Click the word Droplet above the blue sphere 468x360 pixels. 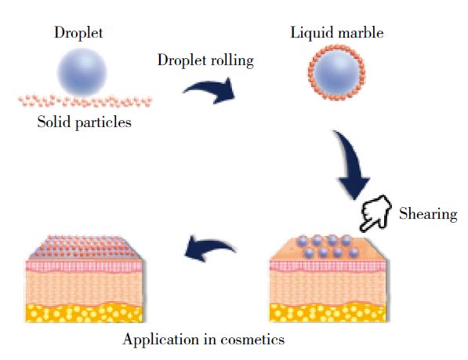(78, 32)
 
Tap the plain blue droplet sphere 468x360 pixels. (82, 72)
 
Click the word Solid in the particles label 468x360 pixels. (54, 122)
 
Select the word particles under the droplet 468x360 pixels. (103, 122)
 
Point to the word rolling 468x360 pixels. (232, 61)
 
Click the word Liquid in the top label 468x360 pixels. (312, 33)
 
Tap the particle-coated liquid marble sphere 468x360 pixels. (337, 72)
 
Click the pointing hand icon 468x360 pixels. (375, 213)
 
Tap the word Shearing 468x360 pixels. (428, 214)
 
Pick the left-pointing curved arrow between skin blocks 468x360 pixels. (209, 246)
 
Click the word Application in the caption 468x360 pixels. (161, 340)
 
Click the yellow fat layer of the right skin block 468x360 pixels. (328, 312)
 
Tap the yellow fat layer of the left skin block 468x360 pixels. (84, 312)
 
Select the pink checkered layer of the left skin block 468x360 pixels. (84, 266)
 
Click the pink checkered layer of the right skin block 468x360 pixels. (328, 266)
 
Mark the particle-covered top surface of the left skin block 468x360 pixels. (85, 247)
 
